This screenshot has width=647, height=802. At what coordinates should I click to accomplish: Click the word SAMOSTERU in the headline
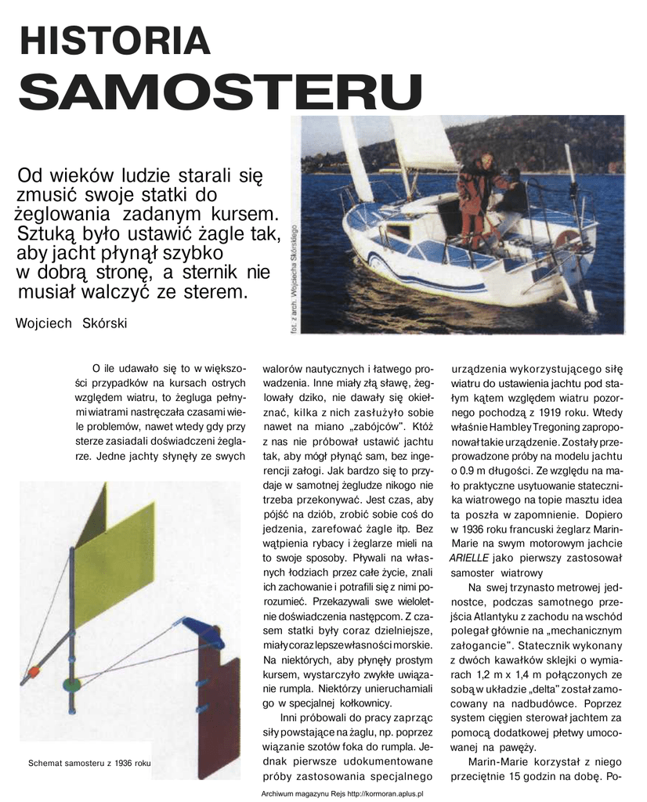click(x=216, y=92)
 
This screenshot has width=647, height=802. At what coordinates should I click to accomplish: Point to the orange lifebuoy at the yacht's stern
click(x=568, y=239)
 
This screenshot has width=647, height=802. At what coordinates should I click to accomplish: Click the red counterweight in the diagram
click(x=33, y=672)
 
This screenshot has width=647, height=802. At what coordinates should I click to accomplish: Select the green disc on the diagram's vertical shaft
click(x=71, y=683)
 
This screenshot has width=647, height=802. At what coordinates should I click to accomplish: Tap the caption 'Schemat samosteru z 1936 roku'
click(x=88, y=763)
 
